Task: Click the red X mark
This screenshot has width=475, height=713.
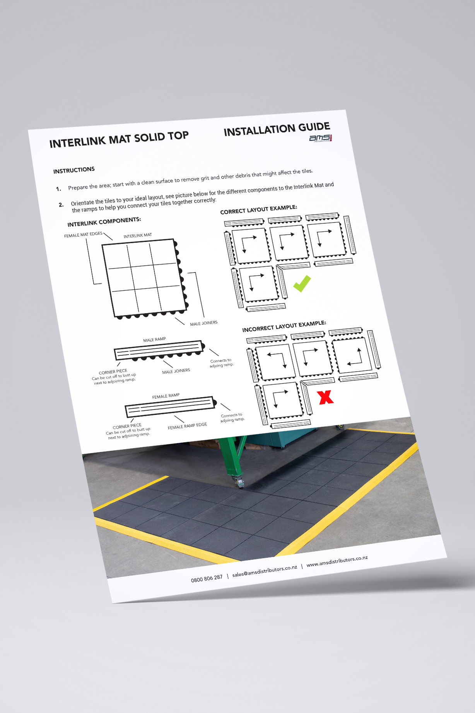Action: pyautogui.click(x=325, y=397)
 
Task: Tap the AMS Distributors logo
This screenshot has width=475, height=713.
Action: pyautogui.click(x=321, y=138)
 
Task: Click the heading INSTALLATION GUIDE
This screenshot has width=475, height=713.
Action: pyautogui.click(x=277, y=129)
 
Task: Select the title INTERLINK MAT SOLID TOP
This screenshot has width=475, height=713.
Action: pyautogui.click(x=119, y=139)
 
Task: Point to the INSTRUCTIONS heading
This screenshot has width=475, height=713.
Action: pyautogui.click(x=74, y=170)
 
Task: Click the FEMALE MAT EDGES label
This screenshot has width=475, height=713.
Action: pyautogui.click(x=83, y=235)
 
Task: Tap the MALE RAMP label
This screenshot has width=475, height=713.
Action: pyautogui.click(x=154, y=340)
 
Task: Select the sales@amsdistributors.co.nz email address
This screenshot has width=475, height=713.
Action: pyautogui.click(x=265, y=571)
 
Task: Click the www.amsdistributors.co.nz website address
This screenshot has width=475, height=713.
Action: pyautogui.click(x=337, y=561)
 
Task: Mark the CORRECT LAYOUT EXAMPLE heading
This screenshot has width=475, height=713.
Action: pyautogui.click(x=258, y=209)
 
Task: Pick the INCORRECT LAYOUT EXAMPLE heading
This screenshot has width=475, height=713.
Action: pyautogui.click(x=284, y=326)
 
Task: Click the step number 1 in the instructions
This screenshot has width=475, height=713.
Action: pyautogui.click(x=58, y=189)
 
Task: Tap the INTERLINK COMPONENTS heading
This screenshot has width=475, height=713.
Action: pyautogui.click(x=104, y=222)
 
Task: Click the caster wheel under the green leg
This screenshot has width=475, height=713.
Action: pyautogui.click(x=239, y=482)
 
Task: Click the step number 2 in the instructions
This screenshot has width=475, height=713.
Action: pyautogui.click(x=61, y=205)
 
